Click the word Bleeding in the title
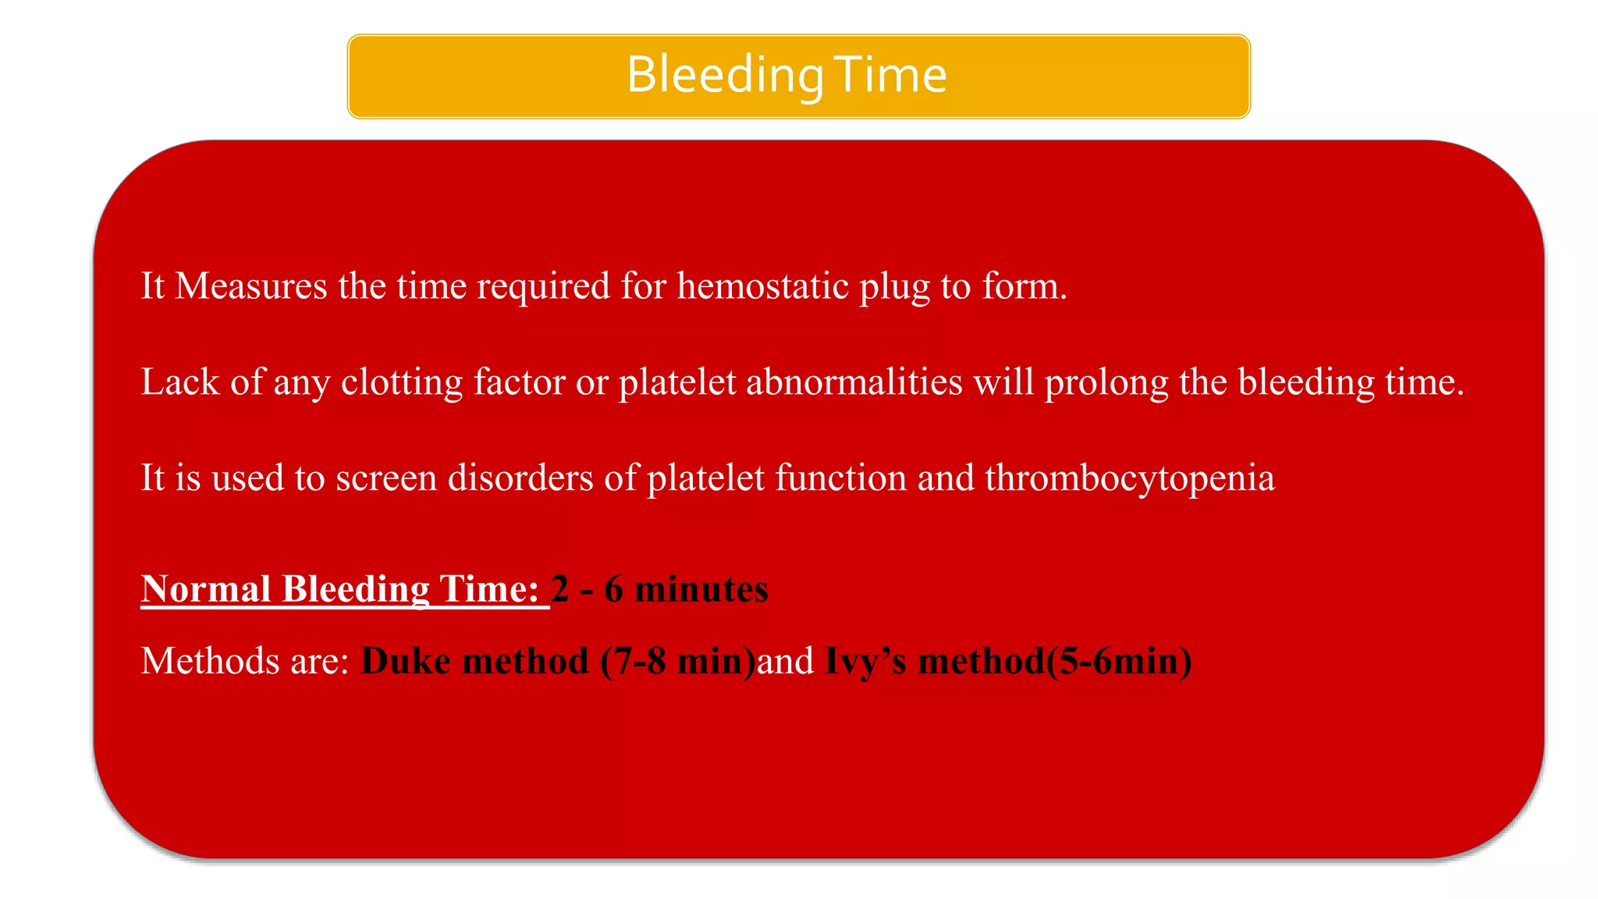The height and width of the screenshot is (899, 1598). [x=725, y=76]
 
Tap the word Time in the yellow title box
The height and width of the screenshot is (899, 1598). [x=890, y=76]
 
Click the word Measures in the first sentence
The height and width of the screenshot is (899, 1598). [x=251, y=286]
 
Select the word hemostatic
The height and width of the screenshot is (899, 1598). [x=762, y=286]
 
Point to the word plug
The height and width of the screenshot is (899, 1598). [x=895, y=287]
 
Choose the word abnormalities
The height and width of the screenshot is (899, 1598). [x=854, y=382]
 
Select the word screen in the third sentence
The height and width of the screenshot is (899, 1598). [x=386, y=478]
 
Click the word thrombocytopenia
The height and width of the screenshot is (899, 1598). [x=1130, y=479]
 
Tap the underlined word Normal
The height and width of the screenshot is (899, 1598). [x=206, y=588]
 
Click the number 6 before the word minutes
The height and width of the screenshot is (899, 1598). [x=613, y=588]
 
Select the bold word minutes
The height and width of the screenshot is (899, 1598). [x=701, y=588]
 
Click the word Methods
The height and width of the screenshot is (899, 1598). [x=210, y=661]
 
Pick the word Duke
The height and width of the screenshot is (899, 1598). [x=406, y=661]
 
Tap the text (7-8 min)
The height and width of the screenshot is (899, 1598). [x=678, y=661]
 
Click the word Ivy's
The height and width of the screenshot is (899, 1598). [x=865, y=663]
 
